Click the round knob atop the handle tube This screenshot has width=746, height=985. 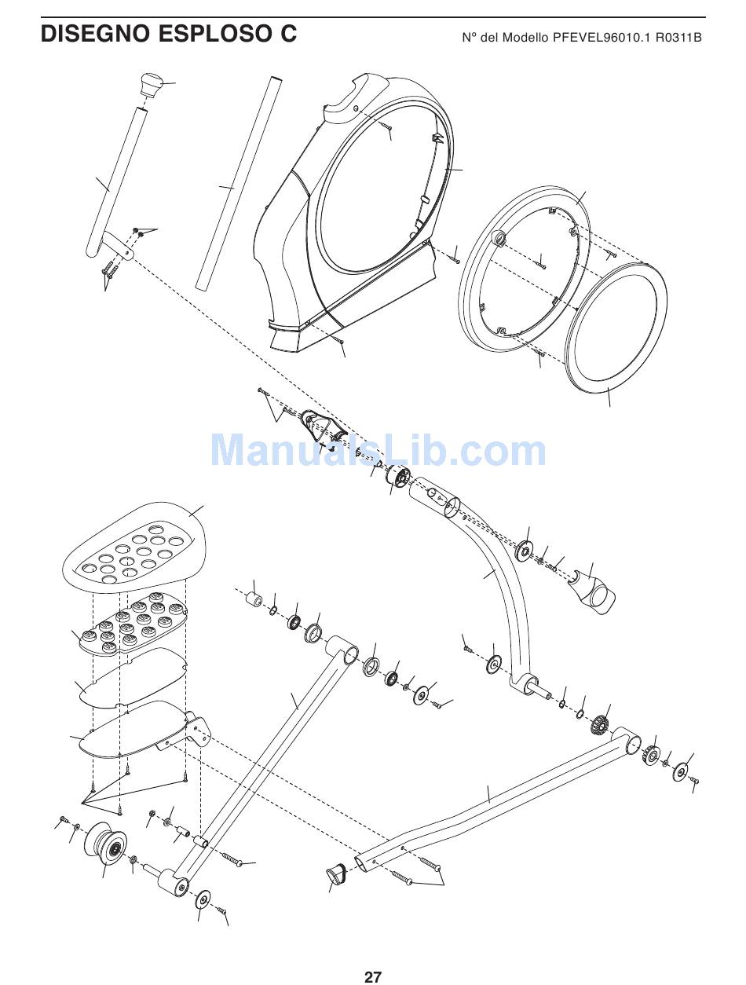(150, 83)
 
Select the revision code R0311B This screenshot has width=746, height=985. (678, 37)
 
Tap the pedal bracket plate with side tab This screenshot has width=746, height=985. (141, 727)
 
